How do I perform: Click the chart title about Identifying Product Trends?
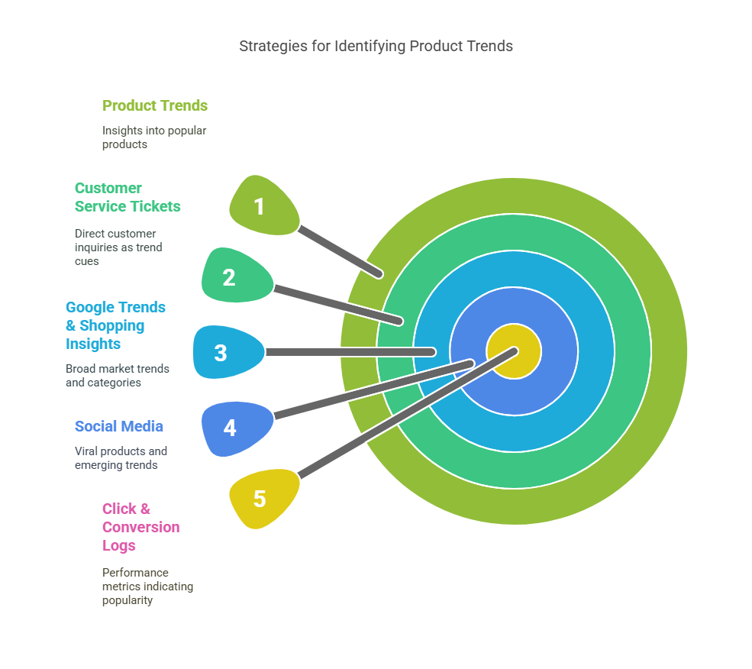(376, 46)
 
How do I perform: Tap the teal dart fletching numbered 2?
(234, 276)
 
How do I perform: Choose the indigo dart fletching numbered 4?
(234, 428)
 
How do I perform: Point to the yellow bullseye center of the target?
(514, 351)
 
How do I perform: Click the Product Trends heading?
(155, 105)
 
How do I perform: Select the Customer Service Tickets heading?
(127, 197)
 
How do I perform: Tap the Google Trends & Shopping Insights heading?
(115, 325)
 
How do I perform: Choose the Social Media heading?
(118, 426)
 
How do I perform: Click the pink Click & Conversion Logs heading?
(140, 527)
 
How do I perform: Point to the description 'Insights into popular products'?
(154, 137)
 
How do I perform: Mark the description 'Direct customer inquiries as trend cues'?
(118, 247)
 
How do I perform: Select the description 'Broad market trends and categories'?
(117, 376)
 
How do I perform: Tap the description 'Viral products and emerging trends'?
(121, 458)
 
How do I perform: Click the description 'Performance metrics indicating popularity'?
(147, 587)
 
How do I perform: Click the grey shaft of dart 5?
(405, 415)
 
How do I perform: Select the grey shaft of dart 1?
(339, 250)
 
